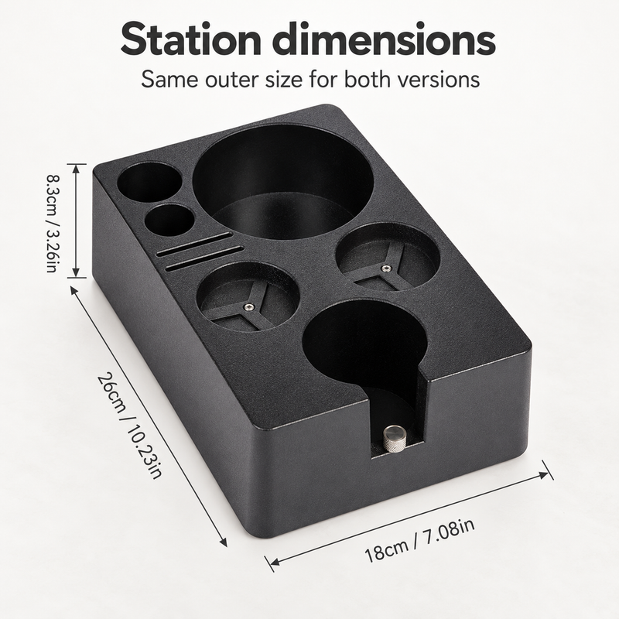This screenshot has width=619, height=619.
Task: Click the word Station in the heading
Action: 191,39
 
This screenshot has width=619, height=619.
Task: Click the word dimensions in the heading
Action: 384,39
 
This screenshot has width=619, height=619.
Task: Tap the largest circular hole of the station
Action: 282,181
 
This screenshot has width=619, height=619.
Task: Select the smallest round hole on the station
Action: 169,221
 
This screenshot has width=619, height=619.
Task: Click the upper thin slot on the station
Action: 194,245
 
